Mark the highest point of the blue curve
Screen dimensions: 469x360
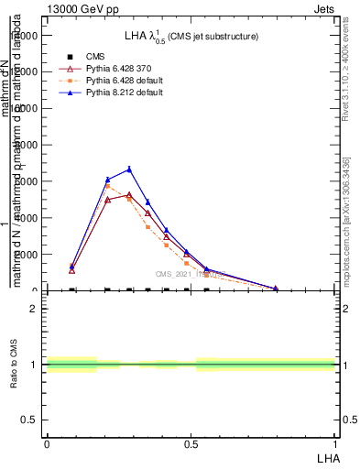129,169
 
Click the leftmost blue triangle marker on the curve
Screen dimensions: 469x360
72,267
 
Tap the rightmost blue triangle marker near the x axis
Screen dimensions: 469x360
275,289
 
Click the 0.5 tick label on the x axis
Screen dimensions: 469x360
191,443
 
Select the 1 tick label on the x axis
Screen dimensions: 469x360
335,443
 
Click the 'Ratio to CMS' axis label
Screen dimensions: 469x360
14,364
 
